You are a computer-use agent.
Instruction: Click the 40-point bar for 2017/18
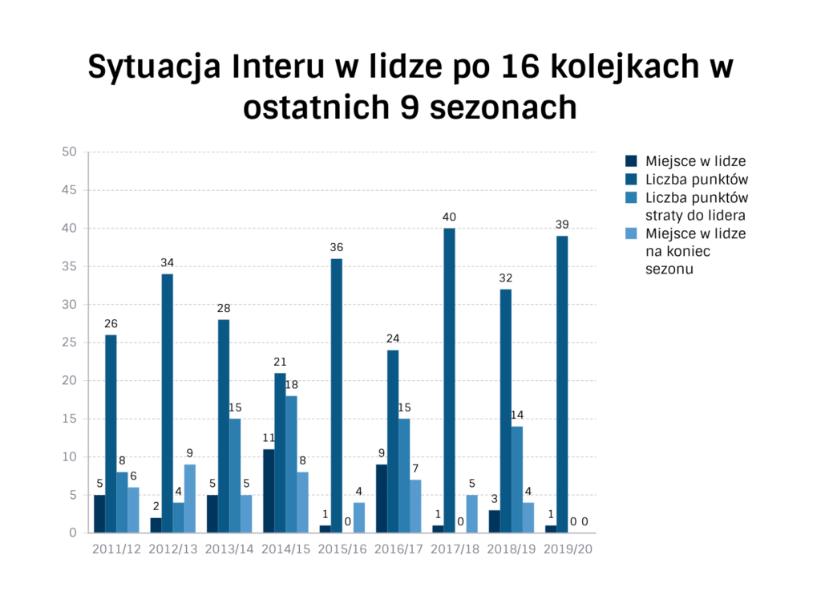(449, 380)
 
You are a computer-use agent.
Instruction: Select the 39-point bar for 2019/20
(562, 384)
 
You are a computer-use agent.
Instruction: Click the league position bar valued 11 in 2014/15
(269, 491)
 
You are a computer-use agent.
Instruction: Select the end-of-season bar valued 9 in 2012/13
(189, 498)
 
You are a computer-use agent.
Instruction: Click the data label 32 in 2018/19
(505, 278)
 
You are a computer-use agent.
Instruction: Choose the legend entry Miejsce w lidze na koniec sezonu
(695, 251)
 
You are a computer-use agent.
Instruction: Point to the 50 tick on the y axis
(69, 152)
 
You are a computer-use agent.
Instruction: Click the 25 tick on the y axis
(69, 342)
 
